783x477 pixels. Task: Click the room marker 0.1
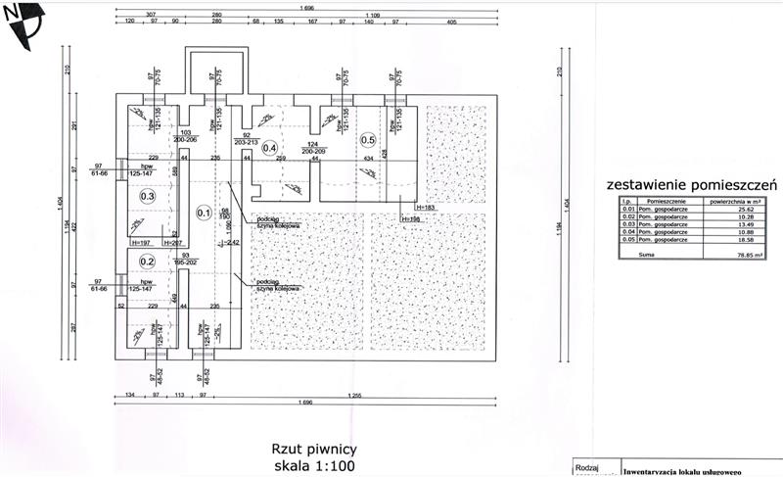pyautogui.click(x=205, y=212)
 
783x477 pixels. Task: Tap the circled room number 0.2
pyautogui.click(x=148, y=262)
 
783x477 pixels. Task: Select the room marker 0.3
pyautogui.click(x=148, y=196)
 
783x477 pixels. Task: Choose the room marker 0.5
pyautogui.click(x=368, y=138)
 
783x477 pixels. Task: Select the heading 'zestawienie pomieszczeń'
pyautogui.click(x=691, y=183)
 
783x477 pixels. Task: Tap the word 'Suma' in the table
pyautogui.click(x=646, y=253)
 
